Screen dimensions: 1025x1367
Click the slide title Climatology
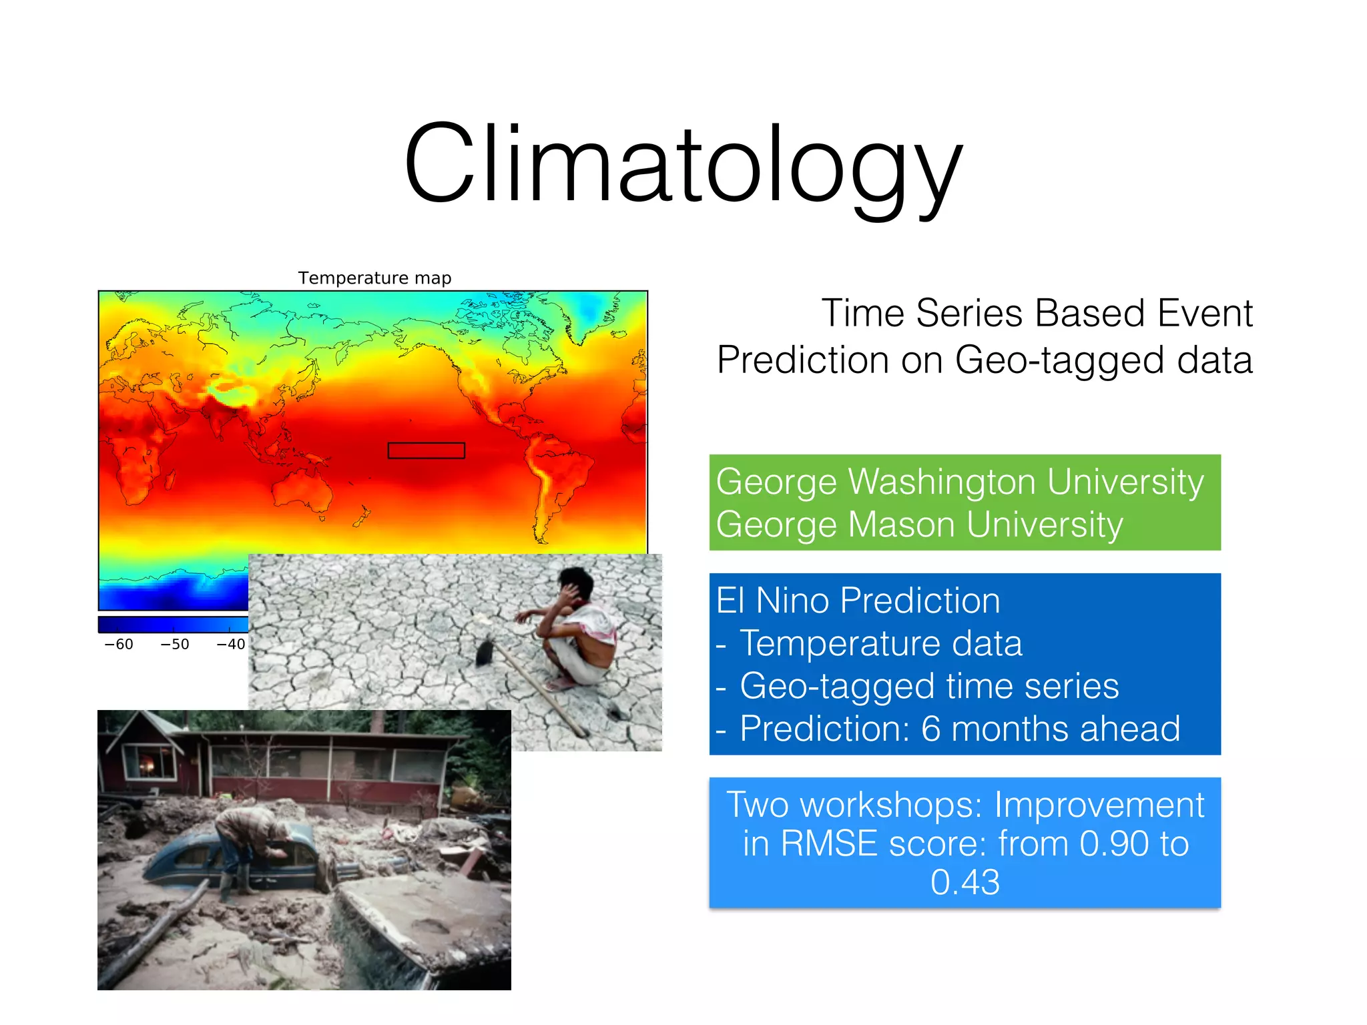[683, 163]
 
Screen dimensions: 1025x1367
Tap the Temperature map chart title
[374, 278]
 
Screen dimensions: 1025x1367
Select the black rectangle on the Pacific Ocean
[426, 450]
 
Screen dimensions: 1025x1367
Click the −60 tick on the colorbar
[119, 644]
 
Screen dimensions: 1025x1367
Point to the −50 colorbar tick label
[175, 644]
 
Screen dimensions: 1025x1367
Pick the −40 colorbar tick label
[230, 644]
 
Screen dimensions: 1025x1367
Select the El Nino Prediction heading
[858, 601]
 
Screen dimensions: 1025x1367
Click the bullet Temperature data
[881, 643]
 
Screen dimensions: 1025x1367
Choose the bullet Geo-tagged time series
[929, 686]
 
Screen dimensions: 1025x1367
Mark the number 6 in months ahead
[931, 729]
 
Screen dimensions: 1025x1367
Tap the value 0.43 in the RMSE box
[965, 882]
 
